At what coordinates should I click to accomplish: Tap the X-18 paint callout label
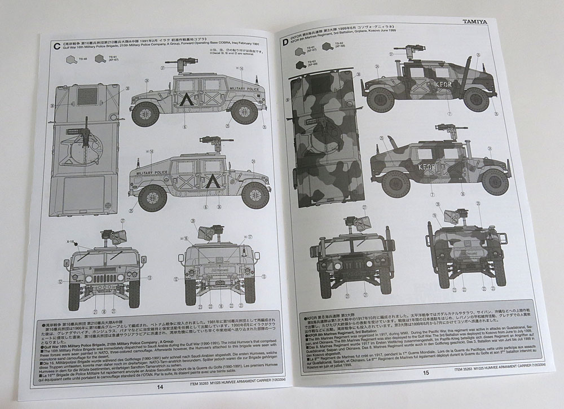[71, 241]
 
